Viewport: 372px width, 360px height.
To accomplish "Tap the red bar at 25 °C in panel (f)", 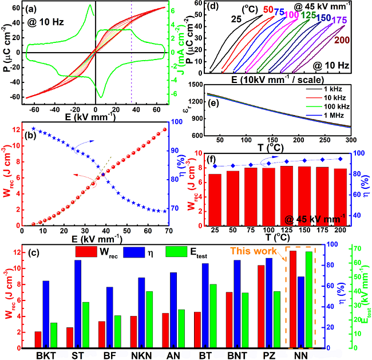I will point(215,200).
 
